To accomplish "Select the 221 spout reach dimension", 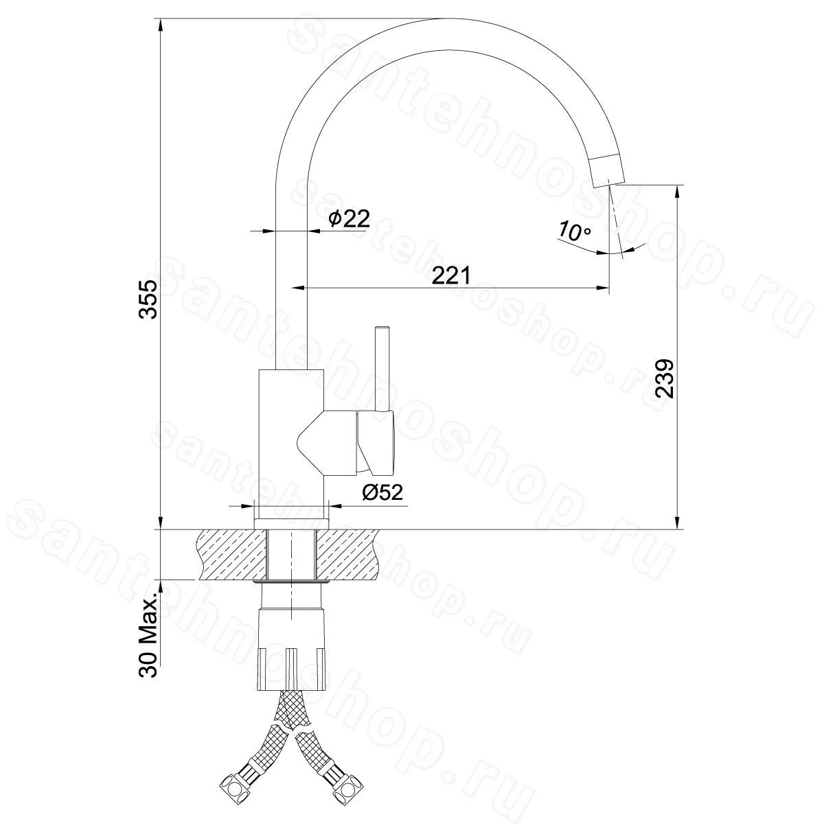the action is click(450, 275).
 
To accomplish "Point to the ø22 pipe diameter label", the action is click(349, 218).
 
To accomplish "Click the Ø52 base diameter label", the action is click(382, 492).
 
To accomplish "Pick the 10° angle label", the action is click(574, 232).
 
